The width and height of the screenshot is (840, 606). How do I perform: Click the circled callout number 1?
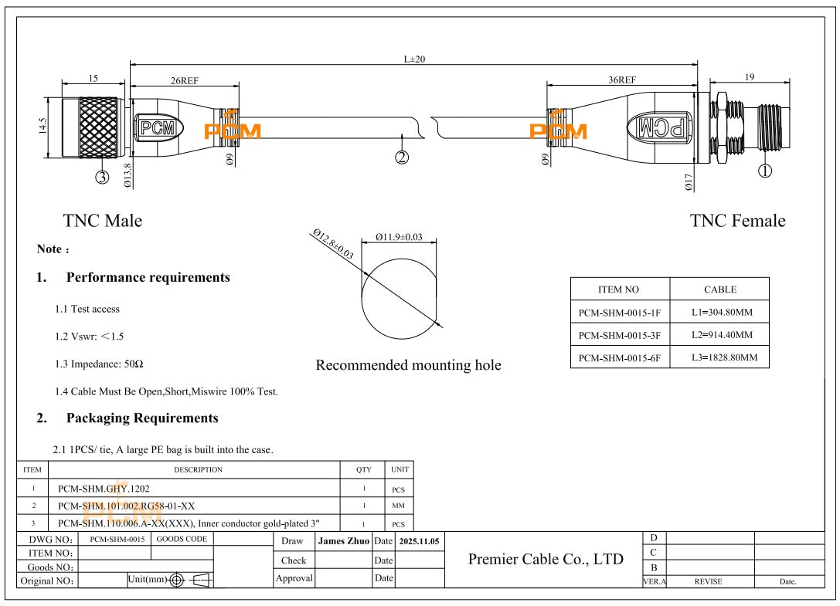pyautogui.click(x=765, y=171)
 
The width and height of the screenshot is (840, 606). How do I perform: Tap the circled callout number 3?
pyautogui.click(x=102, y=177)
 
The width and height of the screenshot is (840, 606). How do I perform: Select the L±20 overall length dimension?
pyautogui.click(x=414, y=59)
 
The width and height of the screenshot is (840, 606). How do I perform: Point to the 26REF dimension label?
pyautogui.click(x=184, y=80)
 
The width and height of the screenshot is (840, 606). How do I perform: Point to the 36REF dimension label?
pyautogui.click(x=622, y=80)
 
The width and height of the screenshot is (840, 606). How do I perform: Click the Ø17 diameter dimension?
pyautogui.click(x=688, y=182)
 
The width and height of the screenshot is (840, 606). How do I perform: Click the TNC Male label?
pyautogui.click(x=102, y=221)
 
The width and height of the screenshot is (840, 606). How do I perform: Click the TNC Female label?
pyautogui.click(x=737, y=221)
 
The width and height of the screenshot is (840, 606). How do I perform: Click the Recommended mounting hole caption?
pyautogui.click(x=408, y=365)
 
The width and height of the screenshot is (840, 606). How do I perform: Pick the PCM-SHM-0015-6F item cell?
pyautogui.click(x=619, y=357)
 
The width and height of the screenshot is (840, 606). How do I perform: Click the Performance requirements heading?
pyautogui.click(x=148, y=277)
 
